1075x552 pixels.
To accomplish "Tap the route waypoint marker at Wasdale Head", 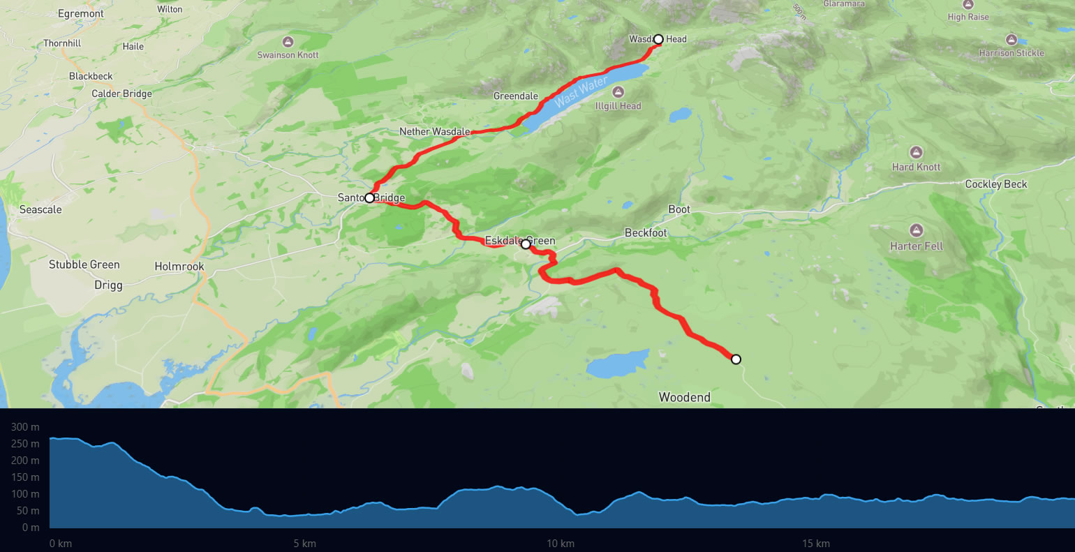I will (x=658, y=39).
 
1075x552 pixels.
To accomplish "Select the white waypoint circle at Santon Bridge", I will (x=369, y=197).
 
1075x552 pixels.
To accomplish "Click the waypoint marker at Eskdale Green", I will (x=526, y=244).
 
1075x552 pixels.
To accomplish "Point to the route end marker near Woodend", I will (x=736, y=359).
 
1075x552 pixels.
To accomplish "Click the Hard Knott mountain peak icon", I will (x=916, y=152).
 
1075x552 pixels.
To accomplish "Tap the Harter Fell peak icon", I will (x=916, y=230).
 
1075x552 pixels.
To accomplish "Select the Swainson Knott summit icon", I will (x=288, y=41).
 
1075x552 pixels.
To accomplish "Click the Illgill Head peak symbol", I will (x=618, y=92).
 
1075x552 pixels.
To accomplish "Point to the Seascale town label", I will (x=40, y=209).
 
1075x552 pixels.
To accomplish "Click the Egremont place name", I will (x=81, y=13).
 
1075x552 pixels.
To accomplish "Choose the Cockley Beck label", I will (x=995, y=184).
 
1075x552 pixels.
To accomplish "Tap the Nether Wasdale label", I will (x=434, y=131).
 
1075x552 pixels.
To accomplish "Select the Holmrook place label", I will (x=179, y=267).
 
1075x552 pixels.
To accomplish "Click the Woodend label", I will (x=684, y=397).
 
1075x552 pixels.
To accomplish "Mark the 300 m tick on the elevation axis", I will (x=25, y=426).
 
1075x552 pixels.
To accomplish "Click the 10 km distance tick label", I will (x=561, y=544).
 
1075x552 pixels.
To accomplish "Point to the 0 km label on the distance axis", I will (x=61, y=544).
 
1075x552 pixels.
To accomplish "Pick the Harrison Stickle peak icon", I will (x=1011, y=39).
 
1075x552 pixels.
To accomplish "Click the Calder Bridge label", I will (x=121, y=94).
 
